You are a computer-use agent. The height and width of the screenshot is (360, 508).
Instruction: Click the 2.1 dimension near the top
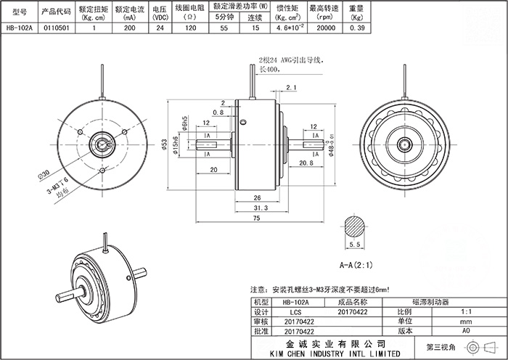[x=292, y=88]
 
